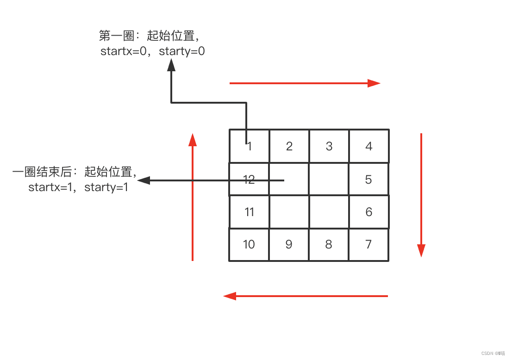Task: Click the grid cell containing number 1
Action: (249, 146)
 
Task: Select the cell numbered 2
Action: (289, 146)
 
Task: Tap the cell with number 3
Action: (329, 146)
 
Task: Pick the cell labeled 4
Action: (369, 146)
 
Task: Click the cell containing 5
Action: (368, 179)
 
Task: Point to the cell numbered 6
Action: (368, 212)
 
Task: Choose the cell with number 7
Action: (368, 244)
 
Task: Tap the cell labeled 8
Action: (329, 244)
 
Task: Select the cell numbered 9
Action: (289, 244)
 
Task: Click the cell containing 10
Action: (249, 244)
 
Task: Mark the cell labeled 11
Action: (249, 212)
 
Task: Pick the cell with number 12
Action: (249, 179)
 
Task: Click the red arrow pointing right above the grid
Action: (305, 83)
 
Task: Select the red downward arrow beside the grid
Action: (421, 194)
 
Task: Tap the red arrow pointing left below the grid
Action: (306, 296)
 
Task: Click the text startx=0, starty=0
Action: (153, 51)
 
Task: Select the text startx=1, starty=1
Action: (78, 187)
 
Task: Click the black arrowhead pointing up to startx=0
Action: (171, 66)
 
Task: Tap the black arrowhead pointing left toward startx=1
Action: (144, 180)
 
